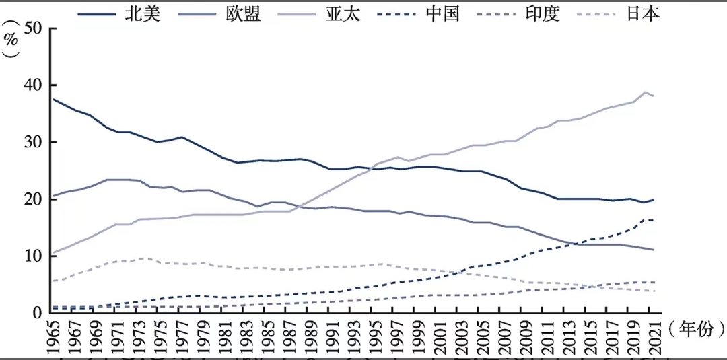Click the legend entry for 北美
(x=143, y=14)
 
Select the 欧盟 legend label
(x=244, y=14)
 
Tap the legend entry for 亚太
(x=344, y=14)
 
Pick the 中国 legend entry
(x=444, y=14)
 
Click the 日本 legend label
(x=643, y=14)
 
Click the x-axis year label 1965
(x=54, y=337)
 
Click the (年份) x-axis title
(x=697, y=328)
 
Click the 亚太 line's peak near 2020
(x=645, y=92)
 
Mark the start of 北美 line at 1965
(x=54, y=100)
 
